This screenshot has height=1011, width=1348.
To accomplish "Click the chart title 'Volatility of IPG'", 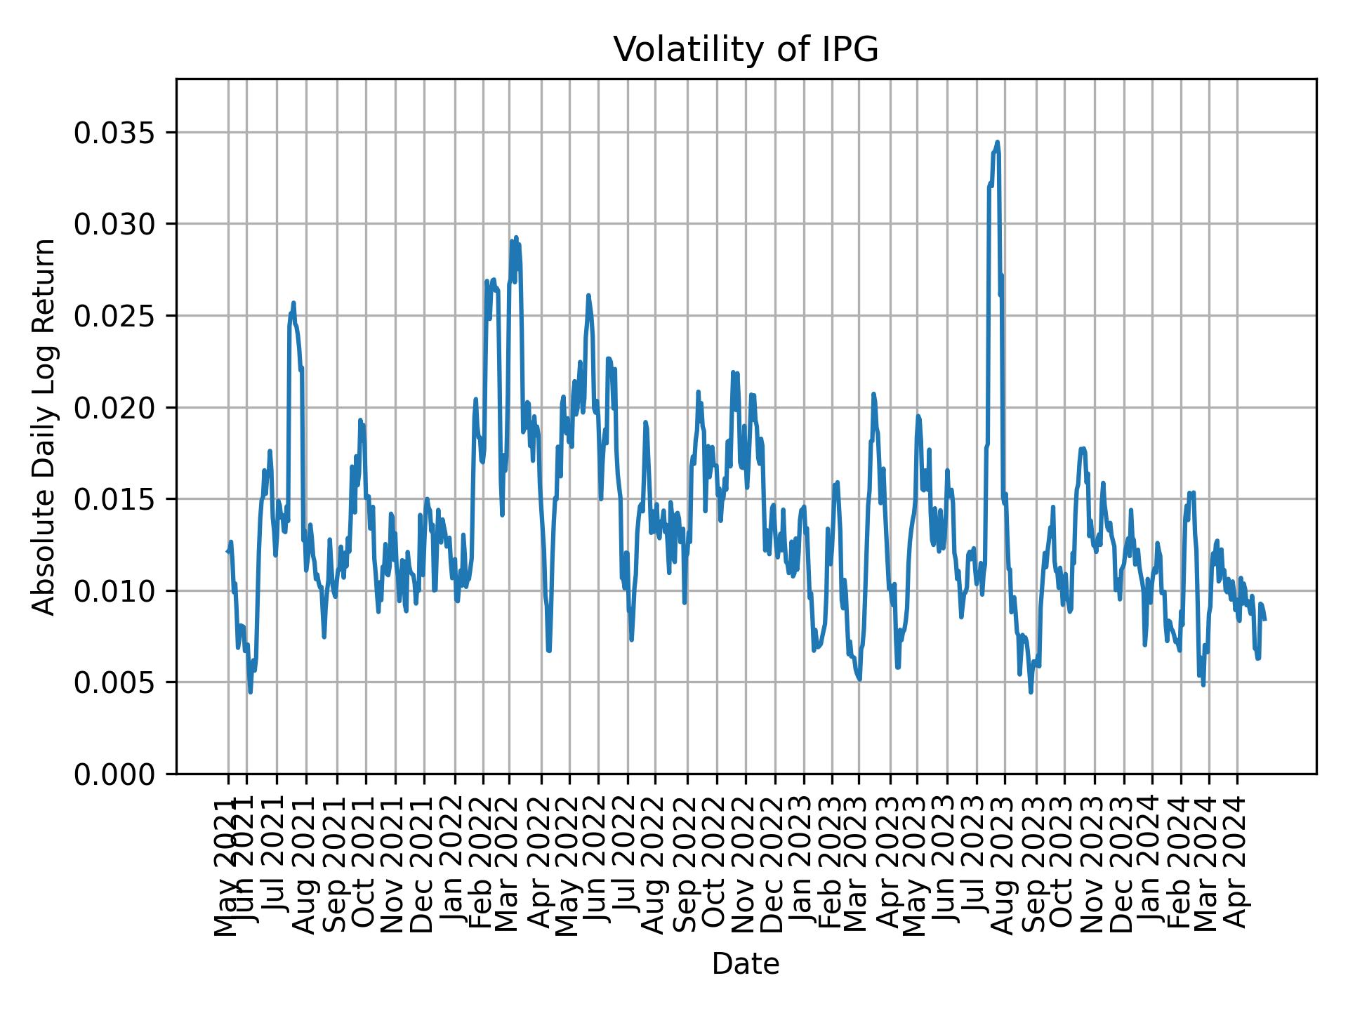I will pos(746,50).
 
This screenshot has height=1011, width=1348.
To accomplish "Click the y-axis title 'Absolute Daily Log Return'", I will pos(45,426).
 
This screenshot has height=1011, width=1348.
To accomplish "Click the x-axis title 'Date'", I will pos(746,964).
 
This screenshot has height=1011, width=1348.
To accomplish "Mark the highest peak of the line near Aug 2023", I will pos(997,142).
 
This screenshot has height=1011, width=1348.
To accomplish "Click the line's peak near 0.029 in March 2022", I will pos(515,237).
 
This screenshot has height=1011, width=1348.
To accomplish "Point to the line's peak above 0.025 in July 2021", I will pos(293,303).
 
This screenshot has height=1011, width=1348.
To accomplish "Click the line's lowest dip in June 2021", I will pos(251,693).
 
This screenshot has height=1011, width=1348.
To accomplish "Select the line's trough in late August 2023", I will pos(1031,692).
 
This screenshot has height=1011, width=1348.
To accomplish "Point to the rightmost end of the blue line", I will pos(1265,619).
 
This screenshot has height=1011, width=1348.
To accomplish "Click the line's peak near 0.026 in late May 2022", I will pos(588,295).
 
